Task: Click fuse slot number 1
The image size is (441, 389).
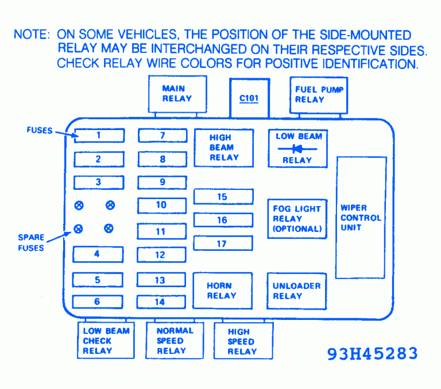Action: [x=99, y=136]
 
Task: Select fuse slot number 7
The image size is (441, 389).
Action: [x=163, y=136]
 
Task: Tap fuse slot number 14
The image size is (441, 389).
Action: [x=160, y=302]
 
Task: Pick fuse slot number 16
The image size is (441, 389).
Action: [x=223, y=220]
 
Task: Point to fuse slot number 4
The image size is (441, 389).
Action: [x=97, y=254]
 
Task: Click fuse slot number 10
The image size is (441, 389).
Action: [x=161, y=205]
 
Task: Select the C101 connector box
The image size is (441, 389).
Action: [x=250, y=98]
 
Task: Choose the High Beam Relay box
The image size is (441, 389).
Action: [x=223, y=148]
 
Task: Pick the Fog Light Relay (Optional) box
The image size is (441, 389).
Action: [x=297, y=219]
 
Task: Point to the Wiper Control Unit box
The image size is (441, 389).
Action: [x=361, y=218]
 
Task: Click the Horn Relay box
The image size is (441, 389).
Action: [x=222, y=291]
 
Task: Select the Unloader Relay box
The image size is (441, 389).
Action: [x=296, y=291]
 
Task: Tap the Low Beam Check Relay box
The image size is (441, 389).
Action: [x=106, y=341]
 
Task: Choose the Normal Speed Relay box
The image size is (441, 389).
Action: [x=175, y=341]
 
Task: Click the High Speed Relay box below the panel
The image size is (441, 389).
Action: [x=242, y=342]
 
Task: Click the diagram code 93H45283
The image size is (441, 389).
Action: [x=373, y=353]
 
